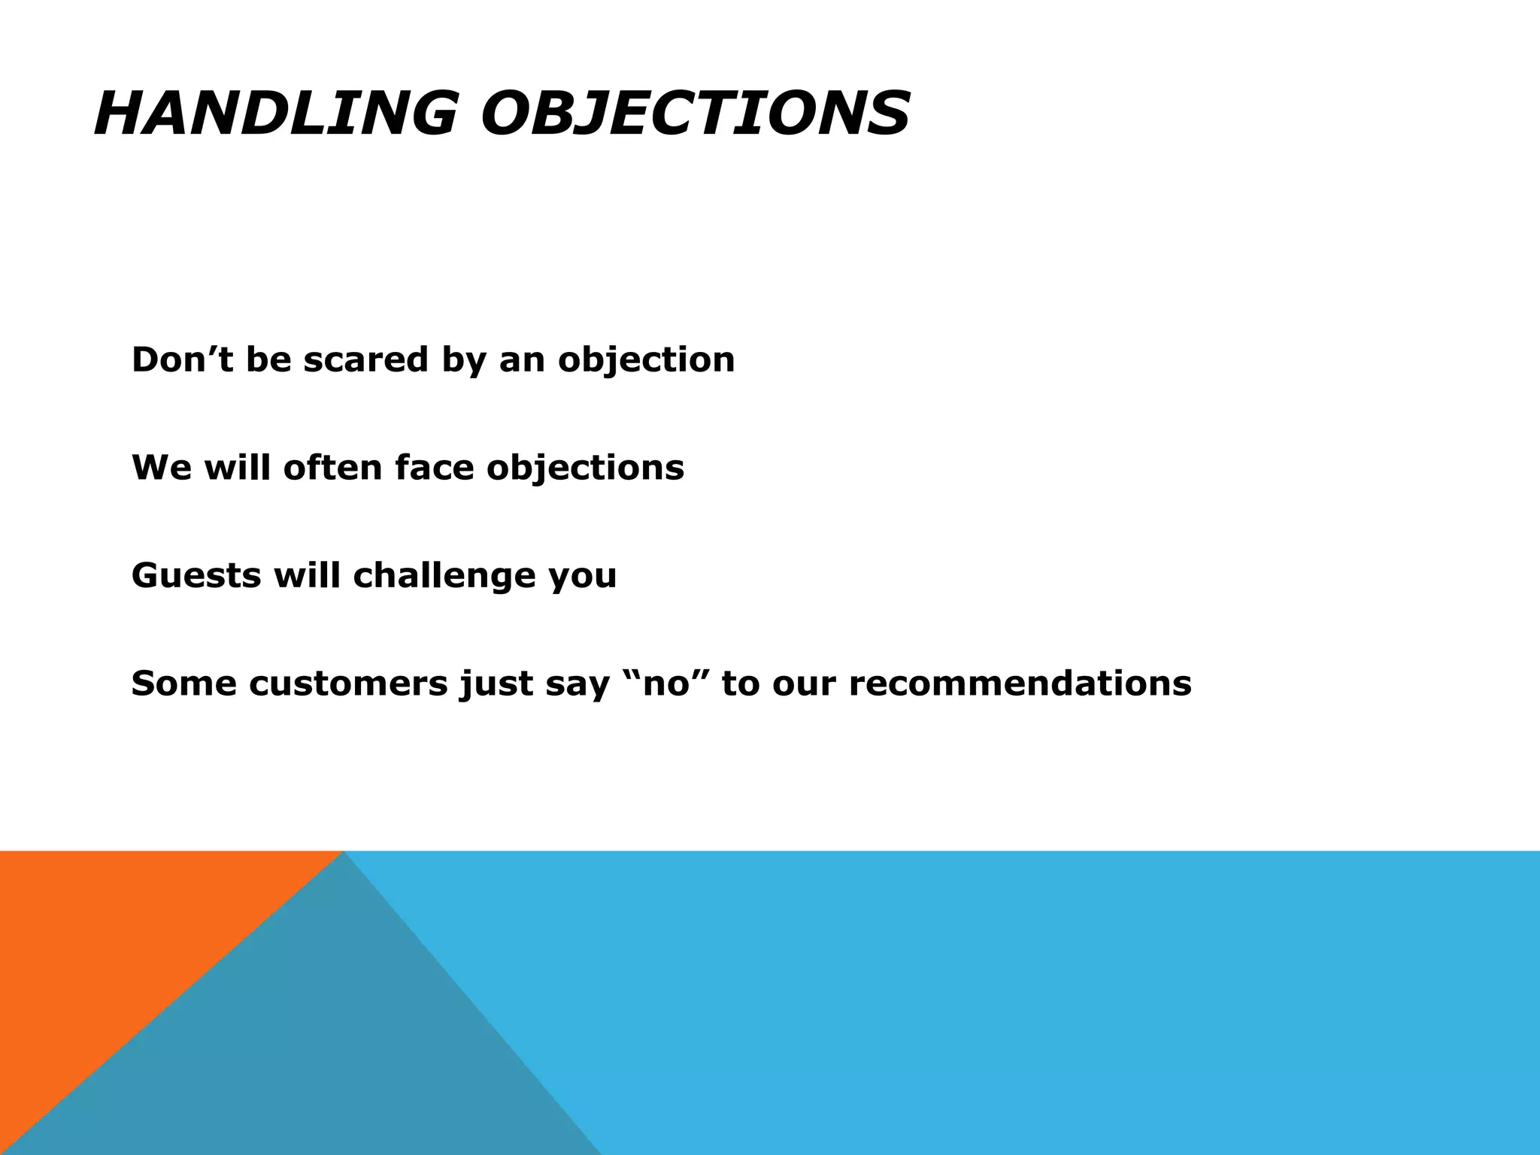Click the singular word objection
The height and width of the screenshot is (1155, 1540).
click(646, 361)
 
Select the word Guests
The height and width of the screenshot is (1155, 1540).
click(196, 576)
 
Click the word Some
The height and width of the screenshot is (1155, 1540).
click(183, 684)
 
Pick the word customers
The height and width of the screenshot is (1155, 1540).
click(348, 684)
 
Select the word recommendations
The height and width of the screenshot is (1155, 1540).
click(1020, 684)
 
